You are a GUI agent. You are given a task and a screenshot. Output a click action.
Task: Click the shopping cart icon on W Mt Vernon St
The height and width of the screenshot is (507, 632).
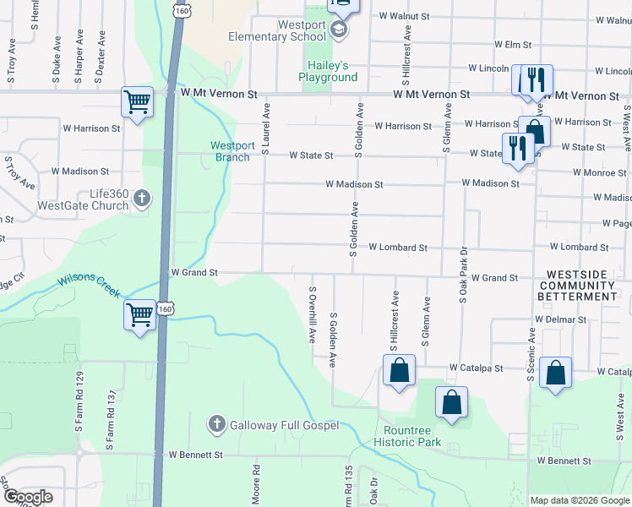click(137, 102)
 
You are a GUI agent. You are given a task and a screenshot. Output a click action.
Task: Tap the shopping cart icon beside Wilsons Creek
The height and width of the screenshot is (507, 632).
click(140, 316)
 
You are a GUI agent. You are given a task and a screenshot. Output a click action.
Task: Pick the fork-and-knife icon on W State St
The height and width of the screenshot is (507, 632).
click(516, 148)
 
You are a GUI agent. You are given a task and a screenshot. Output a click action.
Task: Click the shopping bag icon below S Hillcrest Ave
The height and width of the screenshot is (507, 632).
click(400, 371)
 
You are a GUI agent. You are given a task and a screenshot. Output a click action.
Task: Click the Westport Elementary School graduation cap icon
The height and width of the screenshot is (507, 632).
click(339, 31)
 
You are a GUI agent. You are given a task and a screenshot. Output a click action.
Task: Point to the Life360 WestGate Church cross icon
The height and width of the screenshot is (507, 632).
click(142, 199)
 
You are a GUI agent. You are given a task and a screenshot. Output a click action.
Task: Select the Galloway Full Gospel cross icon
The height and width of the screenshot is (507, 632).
click(217, 424)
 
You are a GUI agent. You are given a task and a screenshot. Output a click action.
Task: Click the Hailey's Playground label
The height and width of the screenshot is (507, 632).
click(328, 72)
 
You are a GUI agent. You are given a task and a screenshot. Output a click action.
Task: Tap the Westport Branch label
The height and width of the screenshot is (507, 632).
click(232, 151)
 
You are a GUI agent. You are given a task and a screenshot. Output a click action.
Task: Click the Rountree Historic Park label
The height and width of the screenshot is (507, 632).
click(407, 436)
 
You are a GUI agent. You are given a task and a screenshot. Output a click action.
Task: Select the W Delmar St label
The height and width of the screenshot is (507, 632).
click(560, 320)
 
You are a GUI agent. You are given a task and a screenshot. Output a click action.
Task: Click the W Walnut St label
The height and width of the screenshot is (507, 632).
click(404, 15)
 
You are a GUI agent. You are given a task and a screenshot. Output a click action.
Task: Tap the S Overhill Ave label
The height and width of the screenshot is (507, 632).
click(312, 314)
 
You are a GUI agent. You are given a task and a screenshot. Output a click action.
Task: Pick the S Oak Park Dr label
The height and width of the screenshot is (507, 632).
click(462, 275)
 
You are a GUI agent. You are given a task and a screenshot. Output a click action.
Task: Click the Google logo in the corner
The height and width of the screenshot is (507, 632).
click(28, 497)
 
